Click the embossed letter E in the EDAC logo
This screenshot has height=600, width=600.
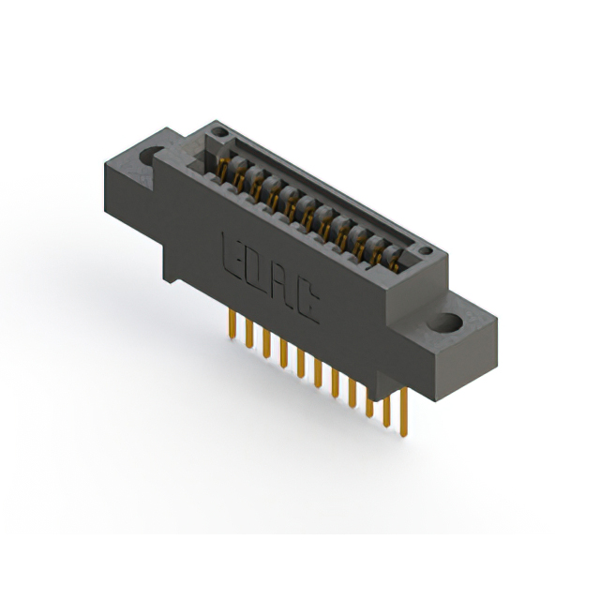(x=230, y=250)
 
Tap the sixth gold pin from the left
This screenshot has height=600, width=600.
(x=319, y=369)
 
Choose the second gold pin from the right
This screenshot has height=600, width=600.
(x=386, y=403)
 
